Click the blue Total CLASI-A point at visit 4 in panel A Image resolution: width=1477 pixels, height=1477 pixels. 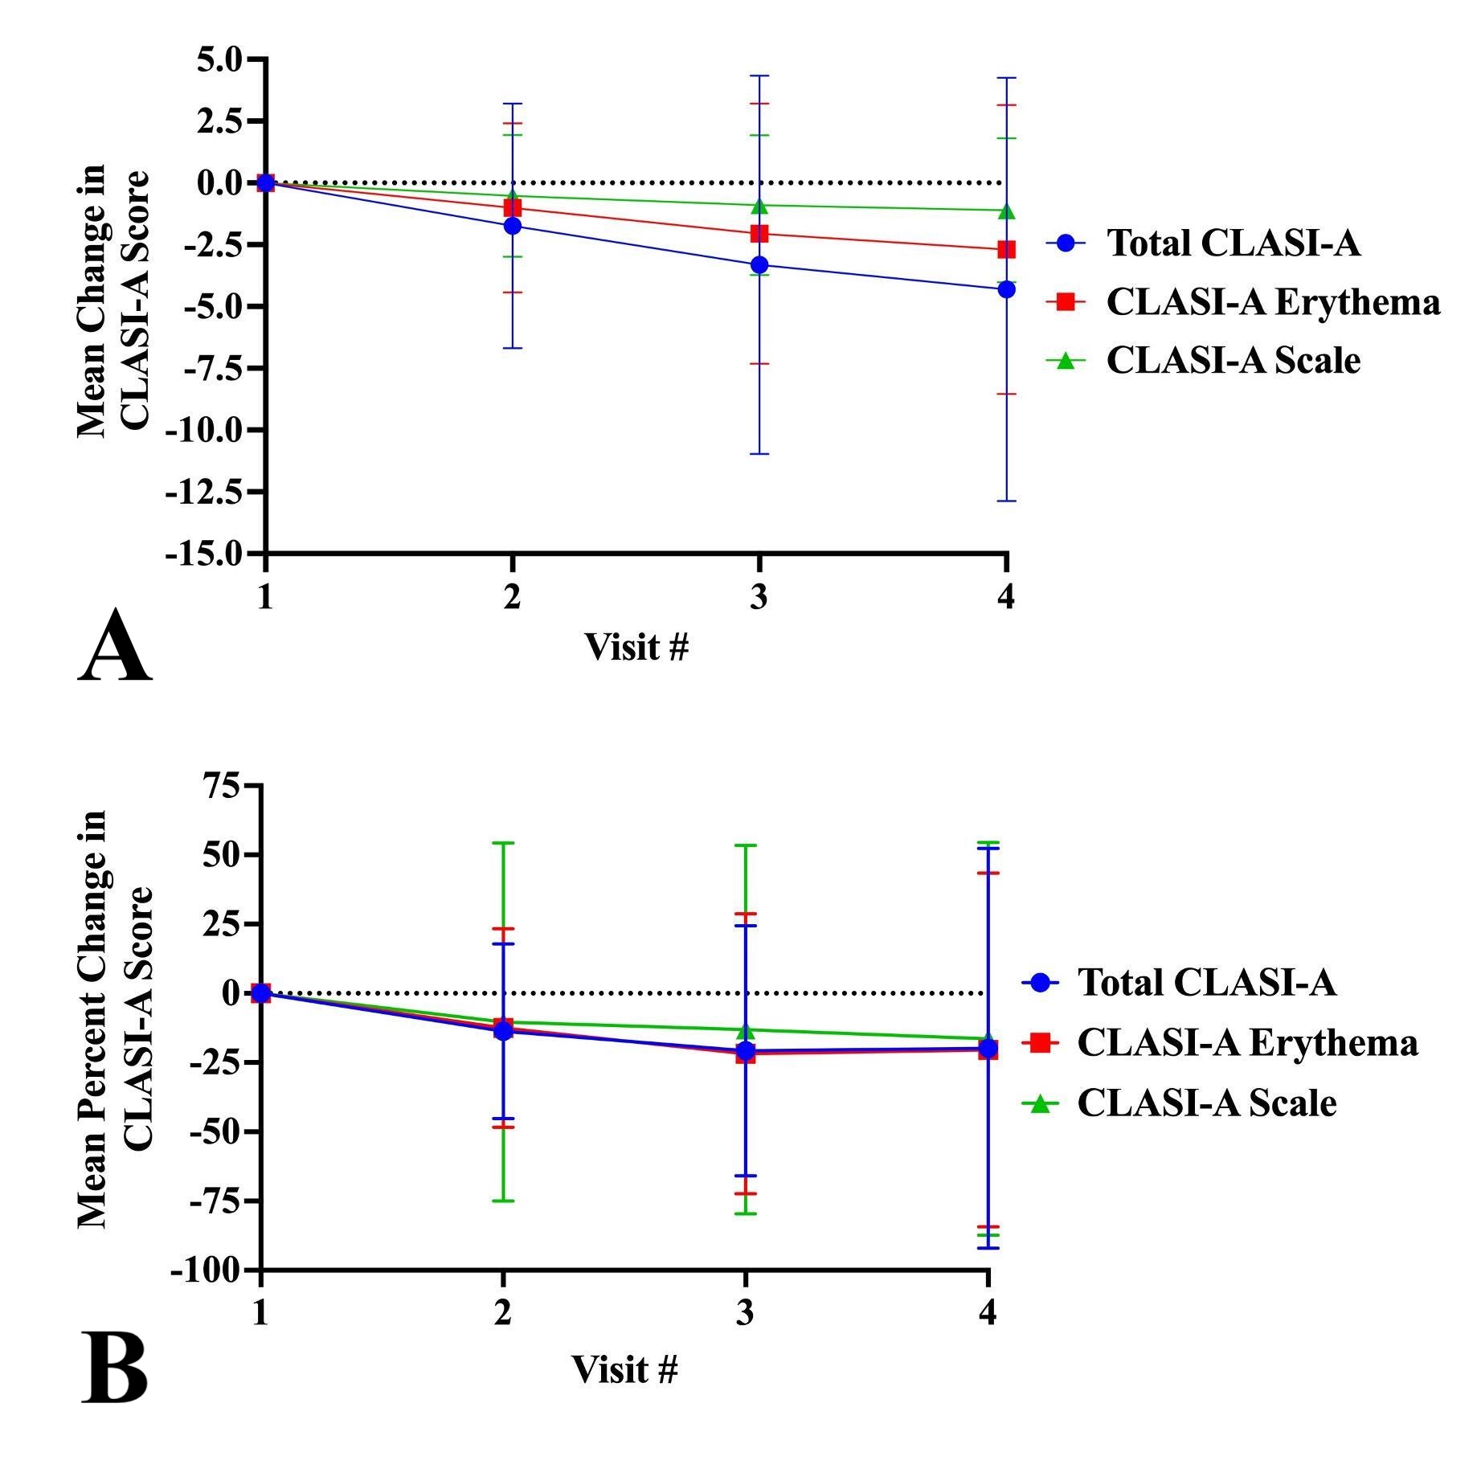[x=1006, y=289]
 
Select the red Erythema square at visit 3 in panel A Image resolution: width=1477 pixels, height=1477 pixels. [x=759, y=234]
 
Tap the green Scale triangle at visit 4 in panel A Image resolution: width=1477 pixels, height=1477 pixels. [x=1006, y=211]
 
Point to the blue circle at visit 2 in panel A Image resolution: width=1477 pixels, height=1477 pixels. [x=513, y=226]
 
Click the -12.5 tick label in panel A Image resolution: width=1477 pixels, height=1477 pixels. [x=203, y=492]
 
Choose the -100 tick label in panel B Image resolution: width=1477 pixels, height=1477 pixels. [x=205, y=1270]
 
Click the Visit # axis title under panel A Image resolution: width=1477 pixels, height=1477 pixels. [x=636, y=647]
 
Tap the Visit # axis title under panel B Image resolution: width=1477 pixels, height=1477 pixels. [x=625, y=1369]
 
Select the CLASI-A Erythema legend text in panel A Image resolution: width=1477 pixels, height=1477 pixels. [x=1273, y=302]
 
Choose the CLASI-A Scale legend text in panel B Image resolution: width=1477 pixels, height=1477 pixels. [x=1206, y=1103]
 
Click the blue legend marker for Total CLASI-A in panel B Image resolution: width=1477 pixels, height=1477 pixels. [x=1041, y=982]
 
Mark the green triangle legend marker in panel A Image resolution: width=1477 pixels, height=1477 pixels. [x=1066, y=361]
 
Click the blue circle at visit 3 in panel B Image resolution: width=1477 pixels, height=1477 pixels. [x=747, y=1050]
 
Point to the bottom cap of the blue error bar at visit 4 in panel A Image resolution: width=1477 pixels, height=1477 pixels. [x=1006, y=501]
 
